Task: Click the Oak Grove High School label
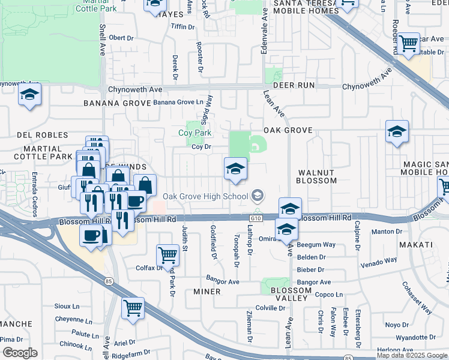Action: tap(205, 196)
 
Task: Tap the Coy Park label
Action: tap(195, 133)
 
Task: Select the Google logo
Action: tap(19, 353)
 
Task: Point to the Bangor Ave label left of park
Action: tap(222, 281)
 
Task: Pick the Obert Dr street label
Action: tap(121, 38)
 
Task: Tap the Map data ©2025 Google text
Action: tap(412, 355)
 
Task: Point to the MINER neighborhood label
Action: tap(206, 292)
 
